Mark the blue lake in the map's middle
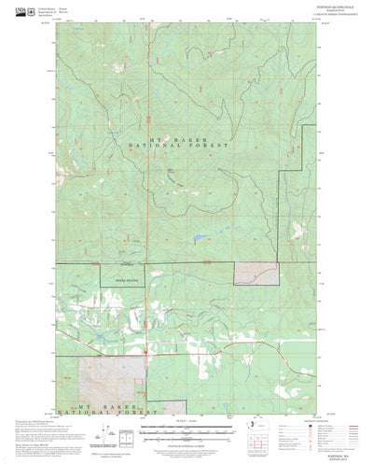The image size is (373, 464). tap(200, 237)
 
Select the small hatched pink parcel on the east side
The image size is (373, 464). tap(255, 272)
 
